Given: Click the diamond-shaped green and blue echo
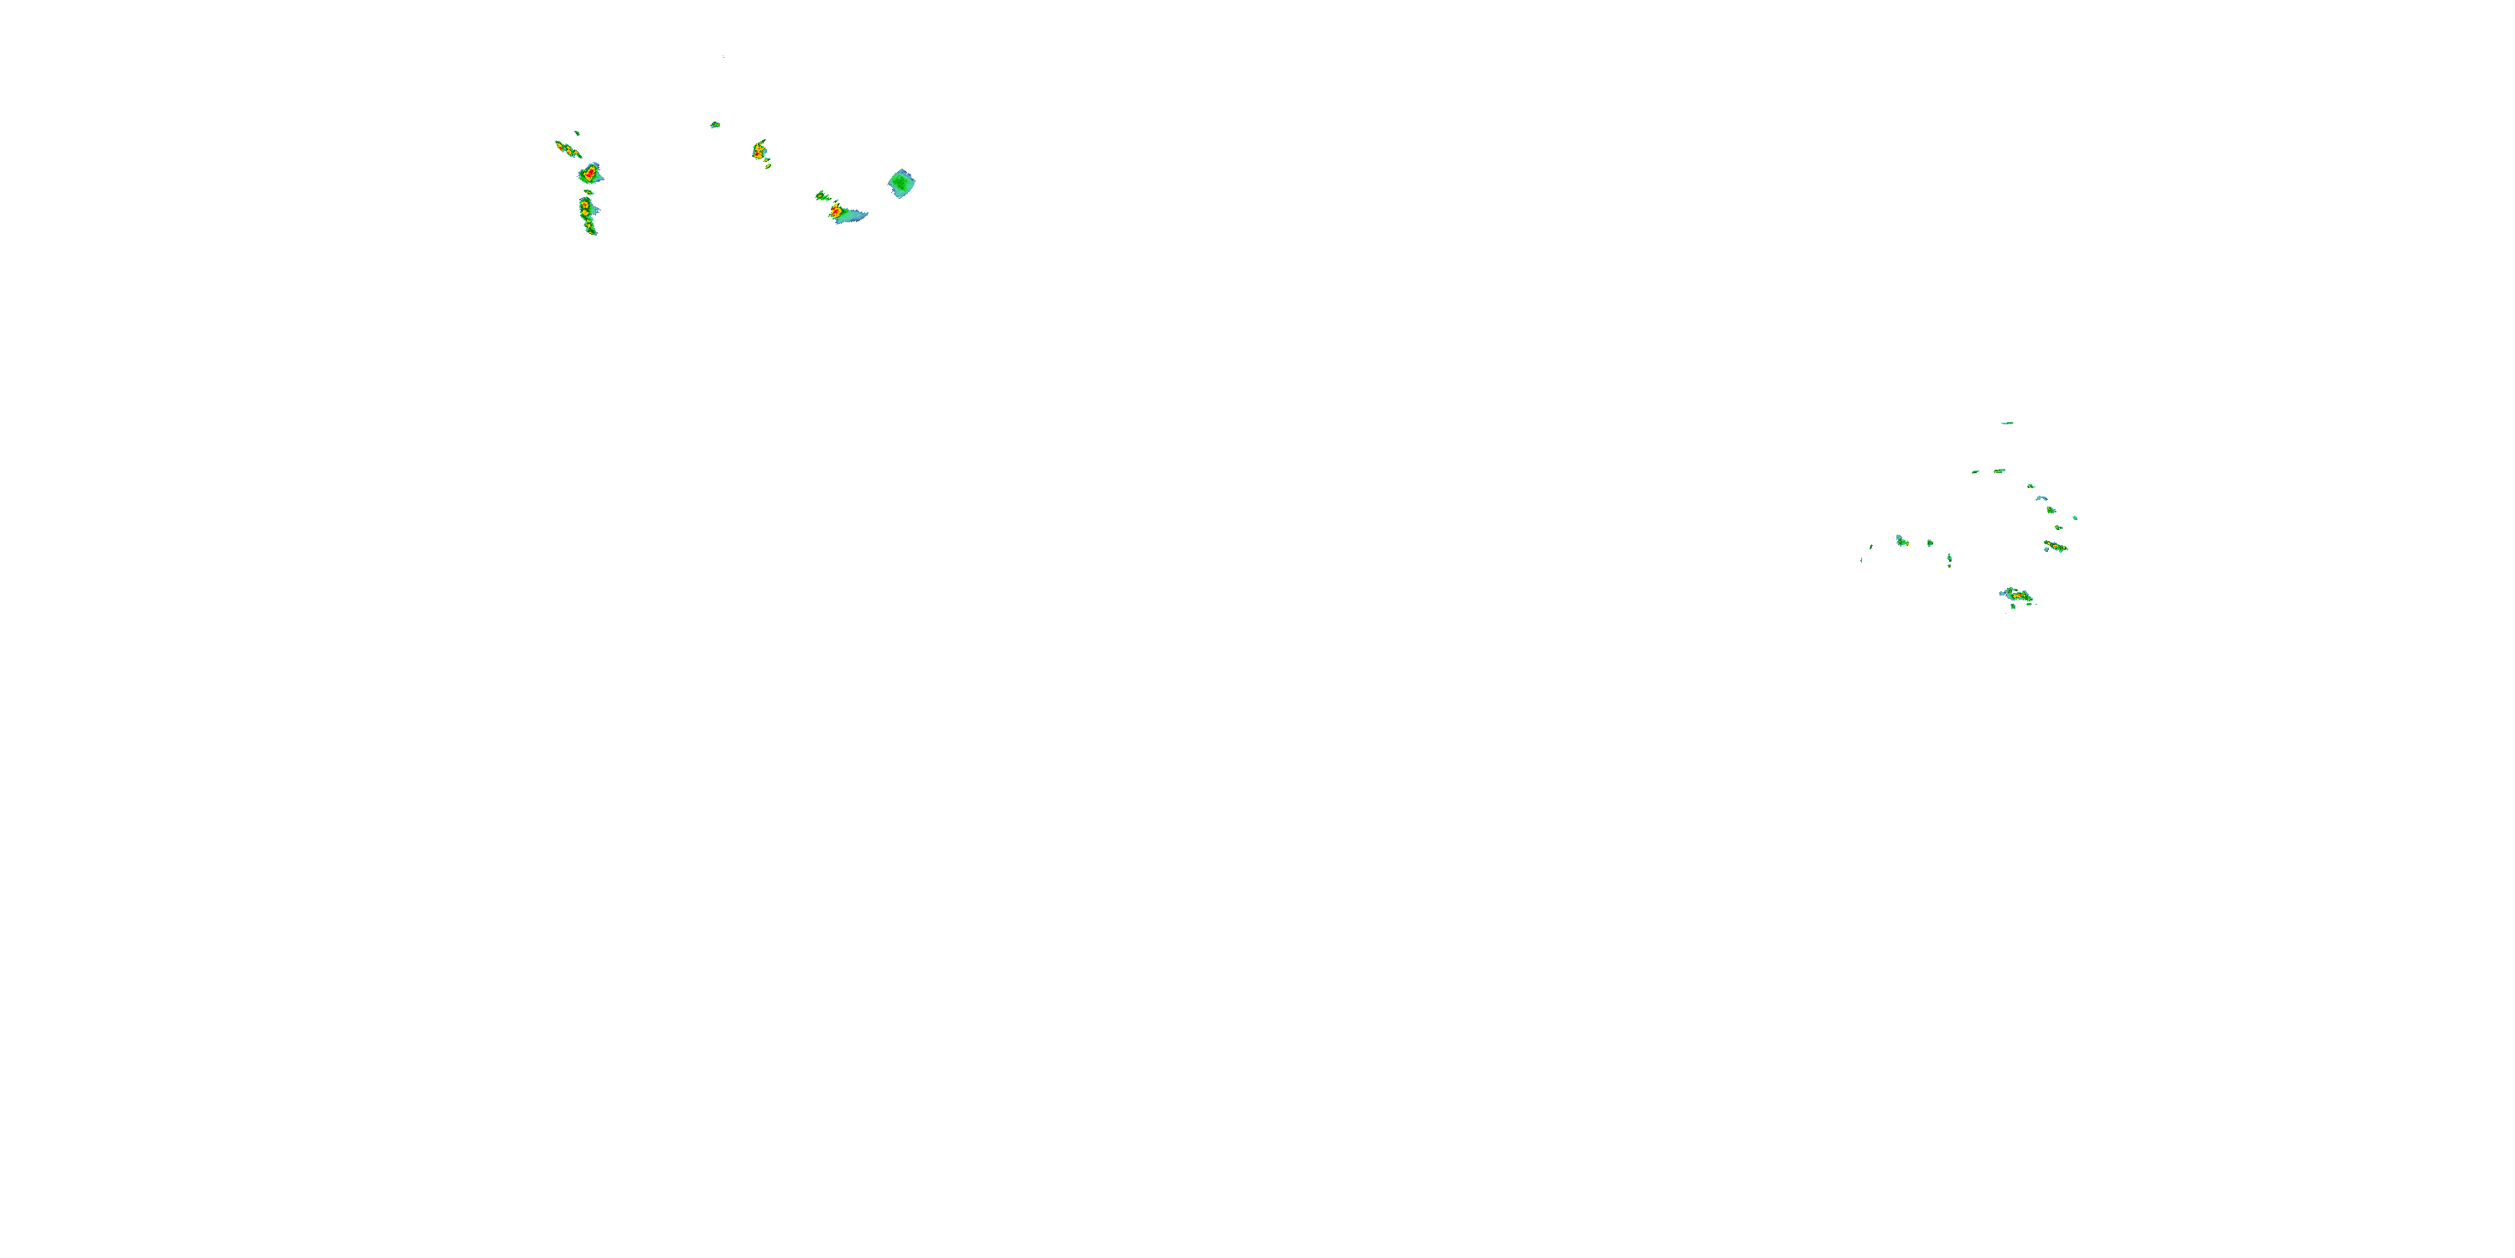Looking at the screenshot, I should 901,183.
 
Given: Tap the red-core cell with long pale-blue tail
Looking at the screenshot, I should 846,214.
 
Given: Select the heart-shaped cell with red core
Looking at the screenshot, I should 589,174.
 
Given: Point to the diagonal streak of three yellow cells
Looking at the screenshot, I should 566,148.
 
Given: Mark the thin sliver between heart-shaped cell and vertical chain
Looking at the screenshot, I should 588,191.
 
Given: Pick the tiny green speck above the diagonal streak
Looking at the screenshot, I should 577,132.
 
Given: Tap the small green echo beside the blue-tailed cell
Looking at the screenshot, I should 822,196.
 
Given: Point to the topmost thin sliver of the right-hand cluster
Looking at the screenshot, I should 2006,423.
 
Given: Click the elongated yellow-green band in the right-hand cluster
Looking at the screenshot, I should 2055,546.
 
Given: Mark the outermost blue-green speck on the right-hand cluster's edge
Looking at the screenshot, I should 2075,517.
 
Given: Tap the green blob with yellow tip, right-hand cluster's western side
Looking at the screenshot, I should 1902,540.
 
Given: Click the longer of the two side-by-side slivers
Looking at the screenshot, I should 1999,470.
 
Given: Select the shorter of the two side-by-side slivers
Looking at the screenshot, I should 1975,471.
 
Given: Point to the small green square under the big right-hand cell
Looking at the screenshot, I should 2012,606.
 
